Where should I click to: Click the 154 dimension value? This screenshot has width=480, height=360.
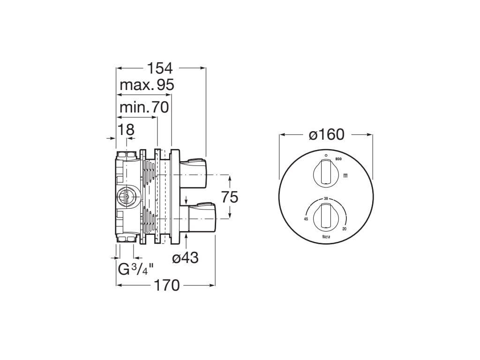coord(160,68)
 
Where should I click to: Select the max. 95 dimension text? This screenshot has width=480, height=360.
coord(147,85)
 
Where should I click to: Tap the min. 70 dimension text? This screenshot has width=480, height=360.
coord(144,107)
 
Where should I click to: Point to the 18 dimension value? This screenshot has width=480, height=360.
coord(126,129)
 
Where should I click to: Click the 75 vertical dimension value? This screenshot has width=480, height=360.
coord(230,197)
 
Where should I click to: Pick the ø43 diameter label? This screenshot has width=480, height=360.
coord(185,258)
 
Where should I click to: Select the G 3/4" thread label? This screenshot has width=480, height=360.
coord(135,270)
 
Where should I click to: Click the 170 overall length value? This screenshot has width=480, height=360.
coord(166,285)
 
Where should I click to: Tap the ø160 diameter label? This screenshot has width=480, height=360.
coord(326,135)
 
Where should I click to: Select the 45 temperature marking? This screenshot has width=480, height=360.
coord(306,219)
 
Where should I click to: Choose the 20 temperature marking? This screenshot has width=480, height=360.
coord(345,228)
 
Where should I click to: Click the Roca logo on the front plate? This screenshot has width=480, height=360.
coord(326,238)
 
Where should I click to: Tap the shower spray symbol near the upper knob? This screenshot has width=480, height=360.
coord(345,176)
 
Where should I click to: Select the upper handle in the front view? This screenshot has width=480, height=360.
coord(325,172)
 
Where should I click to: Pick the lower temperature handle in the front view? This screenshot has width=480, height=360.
coord(325,216)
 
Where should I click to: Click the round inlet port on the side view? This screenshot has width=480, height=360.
coord(126,196)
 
